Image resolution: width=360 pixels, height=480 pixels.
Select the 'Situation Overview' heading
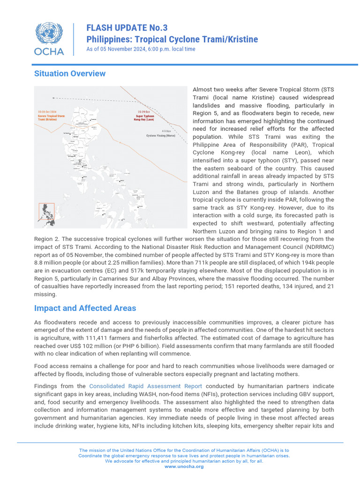tap(70, 74)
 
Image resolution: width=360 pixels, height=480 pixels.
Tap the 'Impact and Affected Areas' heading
tap(85, 308)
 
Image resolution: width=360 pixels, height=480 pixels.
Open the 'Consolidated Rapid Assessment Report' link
tap(145, 386)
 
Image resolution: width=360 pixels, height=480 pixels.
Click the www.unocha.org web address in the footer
tap(184, 466)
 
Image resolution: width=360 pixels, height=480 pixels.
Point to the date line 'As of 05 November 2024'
tap(141, 49)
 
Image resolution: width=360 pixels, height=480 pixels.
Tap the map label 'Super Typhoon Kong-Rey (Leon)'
tap(145, 117)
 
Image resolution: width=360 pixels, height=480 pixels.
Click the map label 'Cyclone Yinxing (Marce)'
tap(166, 136)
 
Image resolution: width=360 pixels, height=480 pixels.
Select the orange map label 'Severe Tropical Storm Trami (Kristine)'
tap(52, 117)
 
